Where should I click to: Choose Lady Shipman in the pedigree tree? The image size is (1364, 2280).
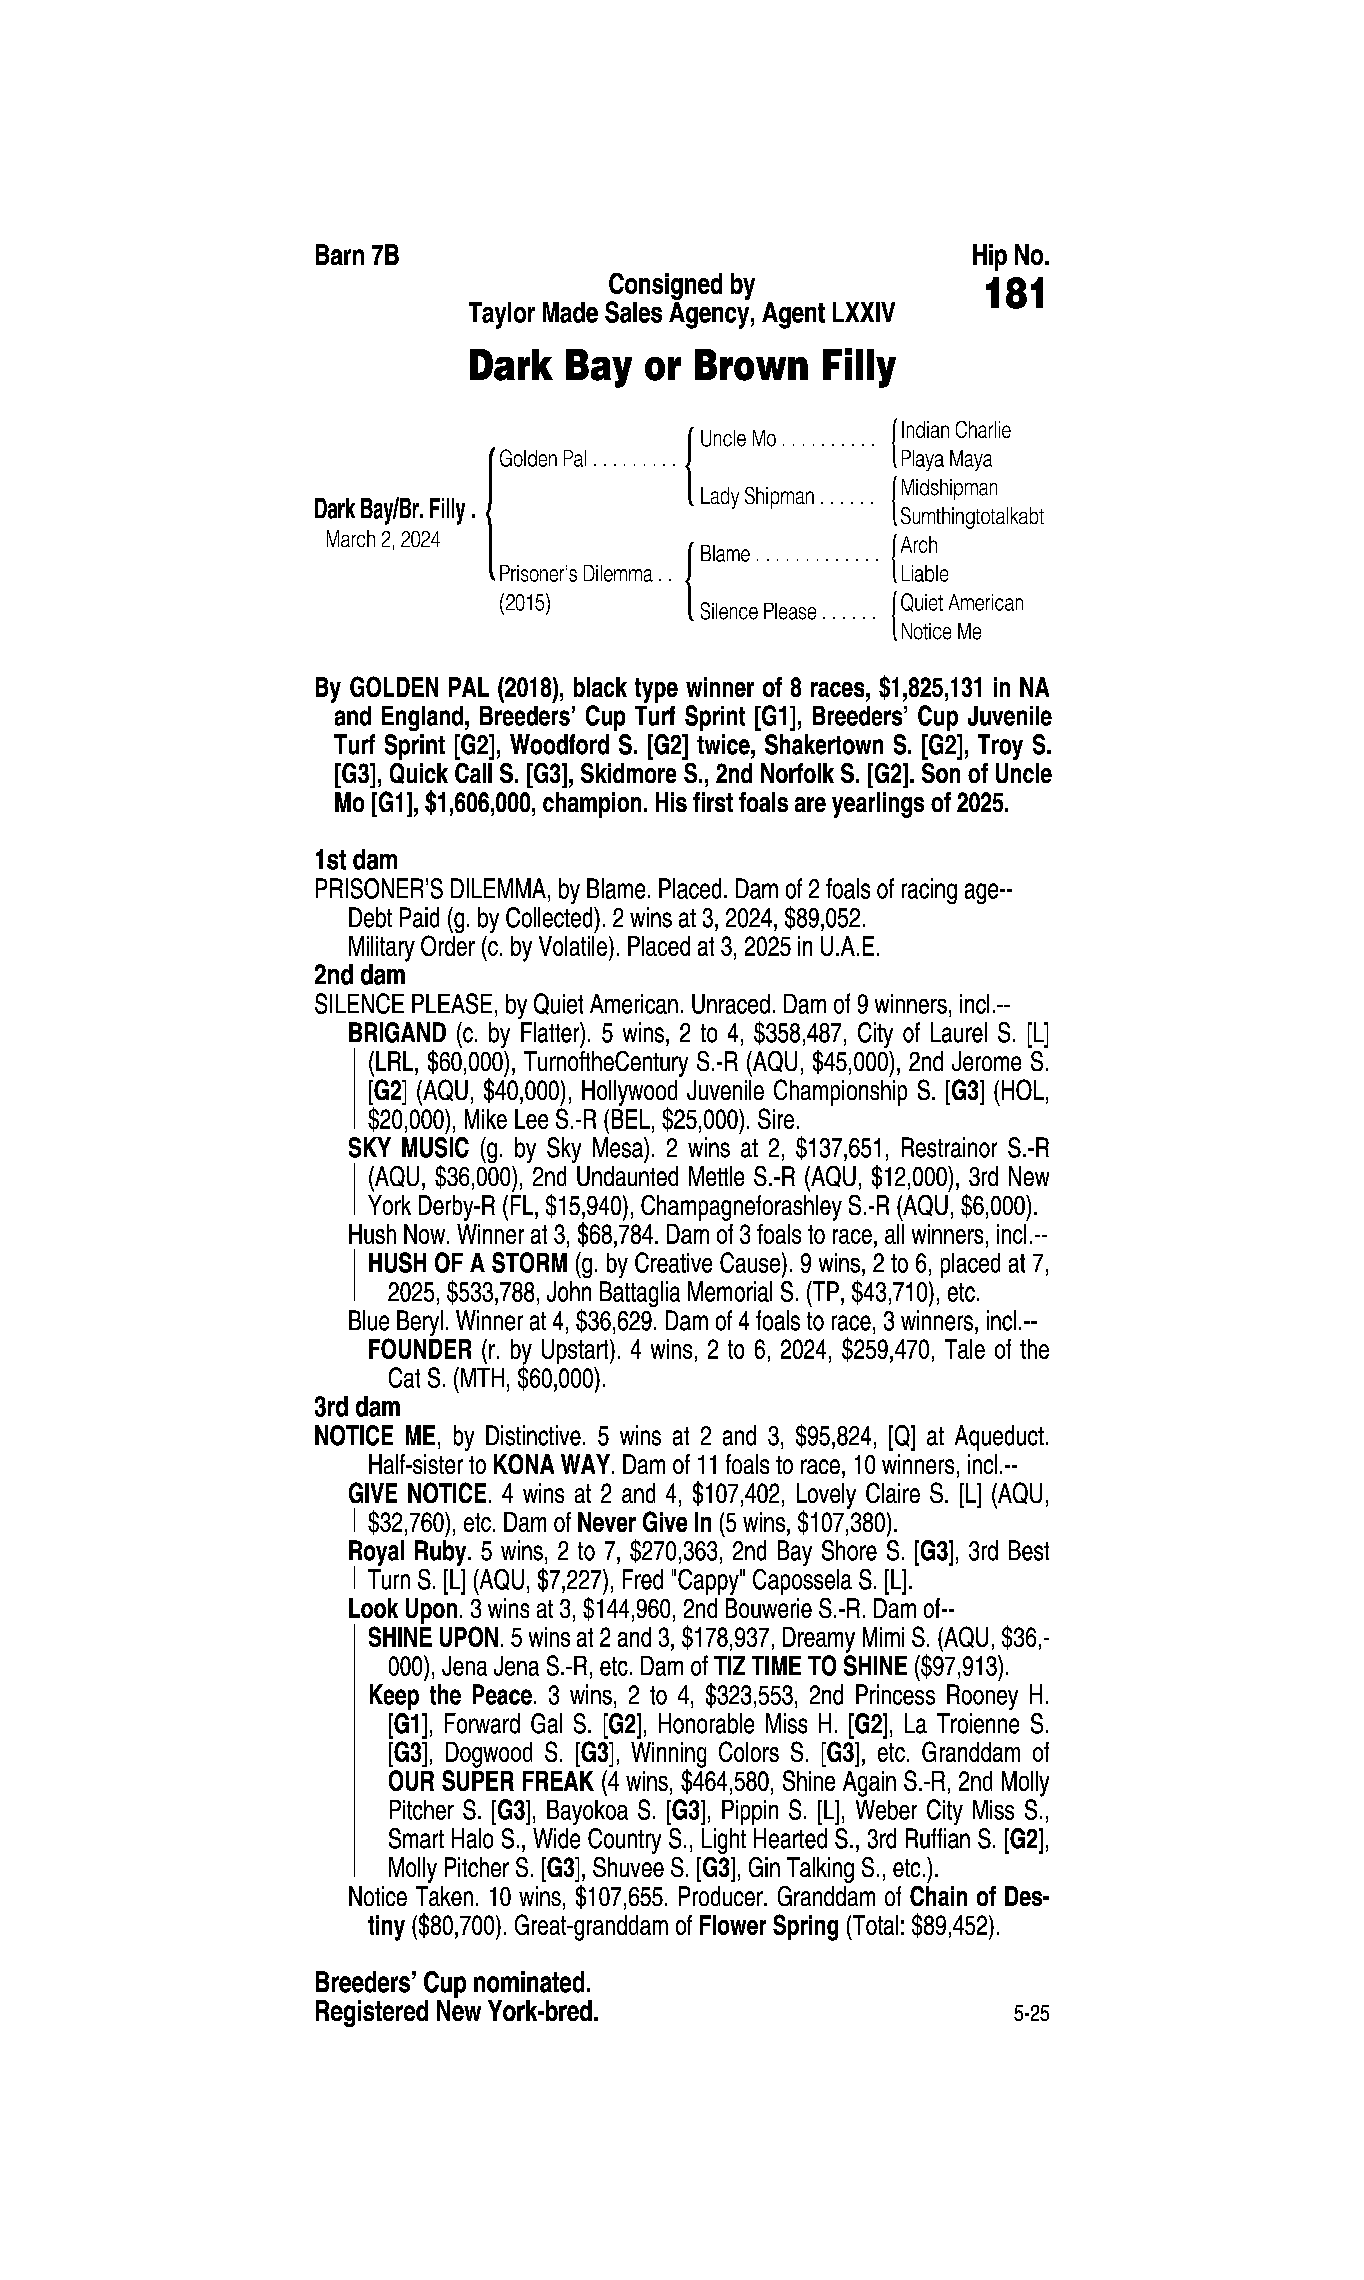point(756,497)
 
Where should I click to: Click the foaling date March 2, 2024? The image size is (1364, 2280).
point(382,539)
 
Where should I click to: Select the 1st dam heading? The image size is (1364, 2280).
point(356,861)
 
